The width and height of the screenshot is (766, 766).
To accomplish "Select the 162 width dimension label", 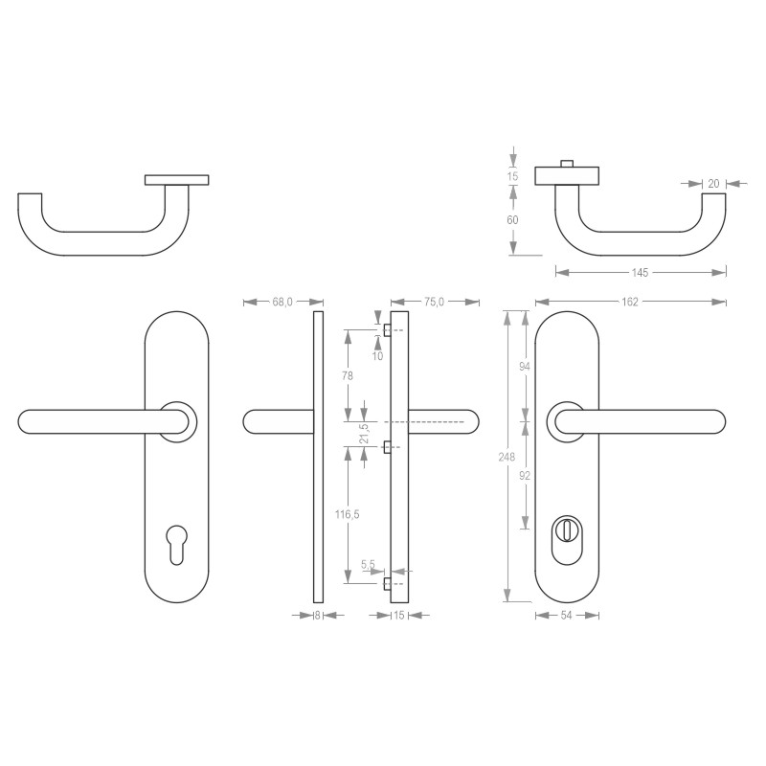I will point(630,302).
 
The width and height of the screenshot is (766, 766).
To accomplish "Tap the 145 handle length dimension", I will point(640,273).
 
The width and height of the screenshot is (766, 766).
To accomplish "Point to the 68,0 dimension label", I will point(282,302).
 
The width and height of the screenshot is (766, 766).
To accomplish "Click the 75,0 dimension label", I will point(434,302).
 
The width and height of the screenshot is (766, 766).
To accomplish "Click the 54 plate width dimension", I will point(566,615).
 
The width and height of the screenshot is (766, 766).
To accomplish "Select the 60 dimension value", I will point(512,219).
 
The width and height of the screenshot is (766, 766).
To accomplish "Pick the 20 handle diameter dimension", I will point(713,182).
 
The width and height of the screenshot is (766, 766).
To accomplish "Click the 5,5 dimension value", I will point(368,565).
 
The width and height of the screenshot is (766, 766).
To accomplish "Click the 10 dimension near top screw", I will point(377,355).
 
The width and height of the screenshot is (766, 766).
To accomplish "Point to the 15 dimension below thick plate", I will point(398,615).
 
